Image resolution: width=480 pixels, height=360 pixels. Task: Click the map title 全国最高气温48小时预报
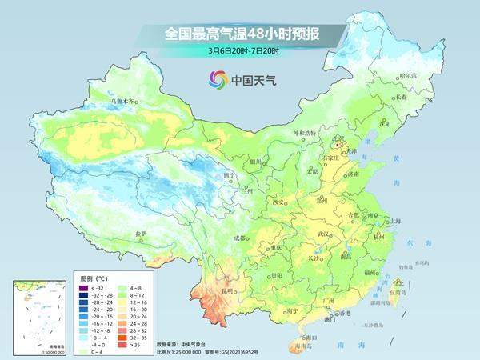tap(239, 34)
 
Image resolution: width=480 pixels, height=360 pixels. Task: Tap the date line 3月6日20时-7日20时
tap(239, 53)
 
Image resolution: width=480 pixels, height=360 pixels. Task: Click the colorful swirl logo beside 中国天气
tap(218, 79)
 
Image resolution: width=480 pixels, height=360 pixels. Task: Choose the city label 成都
tap(239, 238)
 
